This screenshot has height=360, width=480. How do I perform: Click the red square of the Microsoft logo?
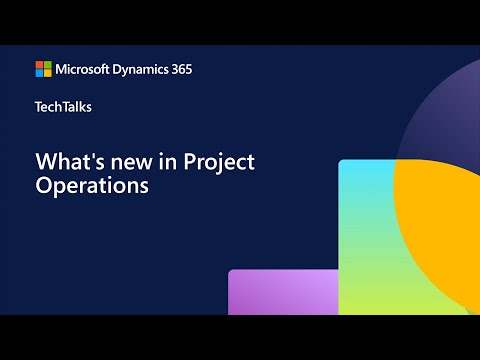39,65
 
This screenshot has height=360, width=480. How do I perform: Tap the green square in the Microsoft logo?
47,65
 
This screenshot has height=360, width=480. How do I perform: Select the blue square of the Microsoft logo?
39,73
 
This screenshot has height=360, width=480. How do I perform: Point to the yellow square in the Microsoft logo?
47,73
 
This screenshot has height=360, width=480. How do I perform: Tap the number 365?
181,69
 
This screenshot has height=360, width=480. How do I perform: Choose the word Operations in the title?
85,186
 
